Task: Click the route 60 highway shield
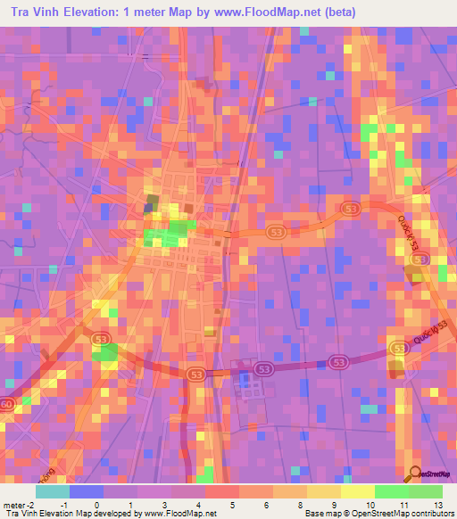pos(7,404)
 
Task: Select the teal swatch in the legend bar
pos(53,491)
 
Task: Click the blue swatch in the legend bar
pos(87,491)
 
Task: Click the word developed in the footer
pos(112,513)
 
